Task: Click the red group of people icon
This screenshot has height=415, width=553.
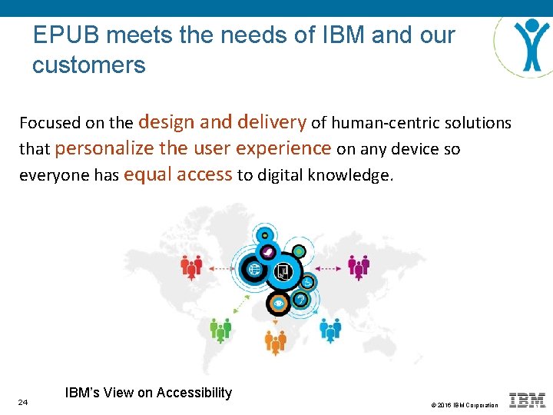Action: (x=191, y=267)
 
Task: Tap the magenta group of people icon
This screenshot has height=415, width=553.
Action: (x=359, y=267)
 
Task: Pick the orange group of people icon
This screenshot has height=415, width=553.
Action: (x=276, y=340)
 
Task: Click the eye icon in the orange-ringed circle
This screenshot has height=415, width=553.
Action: (x=278, y=304)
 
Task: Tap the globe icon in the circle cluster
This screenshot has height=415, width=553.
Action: (x=254, y=270)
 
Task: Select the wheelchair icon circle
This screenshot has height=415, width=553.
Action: (x=307, y=282)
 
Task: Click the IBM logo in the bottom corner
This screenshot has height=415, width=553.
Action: (x=527, y=400)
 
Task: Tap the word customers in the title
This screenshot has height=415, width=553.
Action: (x=88, y=65)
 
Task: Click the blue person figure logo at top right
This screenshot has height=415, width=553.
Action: (x=530, y=41)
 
